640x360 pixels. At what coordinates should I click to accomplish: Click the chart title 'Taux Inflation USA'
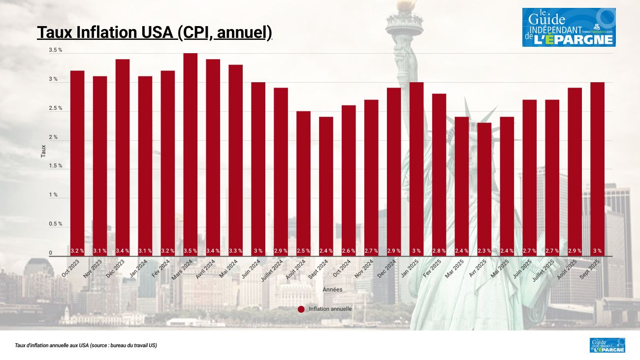[154, 33]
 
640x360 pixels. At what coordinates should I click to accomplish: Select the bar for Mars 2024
[191, 153]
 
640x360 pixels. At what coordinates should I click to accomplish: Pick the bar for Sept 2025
[597, 167]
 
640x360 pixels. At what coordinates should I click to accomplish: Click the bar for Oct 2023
[77, 163]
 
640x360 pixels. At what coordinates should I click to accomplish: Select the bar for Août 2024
[303, 182]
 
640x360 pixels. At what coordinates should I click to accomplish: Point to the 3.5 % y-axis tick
[56, 50]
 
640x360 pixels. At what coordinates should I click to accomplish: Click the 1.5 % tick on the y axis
[56, 166]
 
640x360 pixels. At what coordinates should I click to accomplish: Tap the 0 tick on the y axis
[50, 253]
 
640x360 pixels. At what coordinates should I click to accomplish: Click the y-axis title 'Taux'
[43, 151]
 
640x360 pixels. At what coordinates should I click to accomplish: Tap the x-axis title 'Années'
[332, 290]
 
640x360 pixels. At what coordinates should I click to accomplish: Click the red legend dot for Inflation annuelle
[301, 309]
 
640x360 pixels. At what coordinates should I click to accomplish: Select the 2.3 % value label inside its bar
[484, 251]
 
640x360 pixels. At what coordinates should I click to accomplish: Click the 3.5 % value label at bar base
[191, 251]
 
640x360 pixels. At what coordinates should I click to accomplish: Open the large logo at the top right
[569, 27]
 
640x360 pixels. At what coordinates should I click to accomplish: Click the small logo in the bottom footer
[607, 345]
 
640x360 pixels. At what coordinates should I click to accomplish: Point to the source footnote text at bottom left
[86, 346]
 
